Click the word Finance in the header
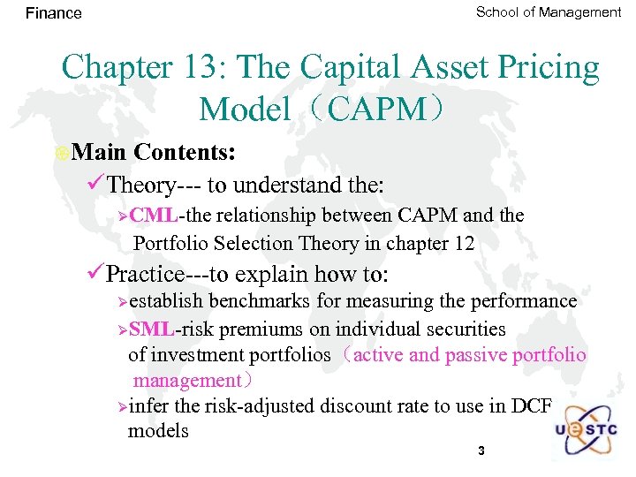click(53, 13)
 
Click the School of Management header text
click(548, 11)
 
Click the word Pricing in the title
click(544, 67)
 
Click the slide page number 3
click(481, 451)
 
